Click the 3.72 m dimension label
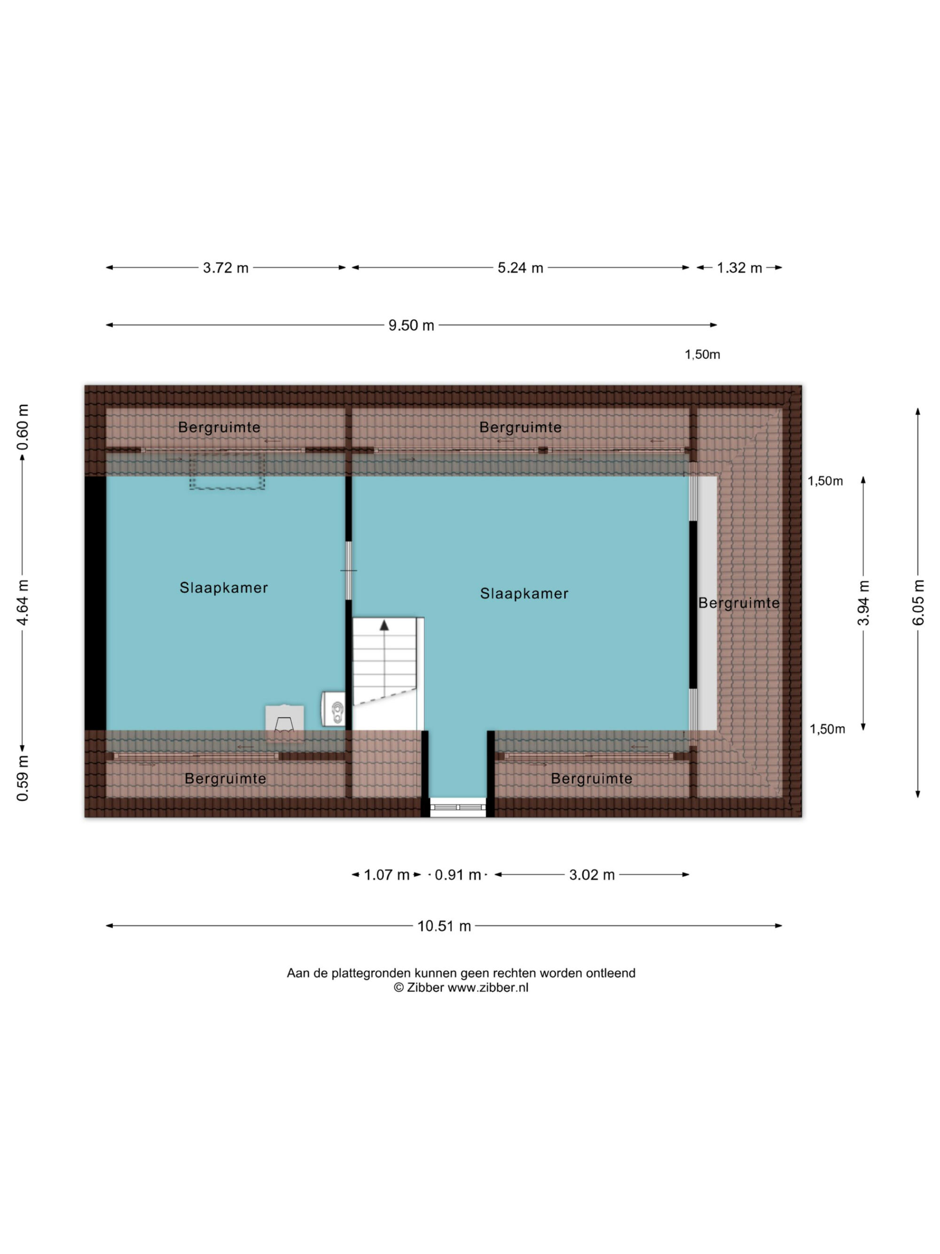(x=226, y=268)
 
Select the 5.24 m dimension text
(x=520, y=268)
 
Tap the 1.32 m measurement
(x=739, y=268)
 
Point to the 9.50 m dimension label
(x=411, y=325)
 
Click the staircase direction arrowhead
(x=384, y=625)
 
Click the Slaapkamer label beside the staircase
(x=524, y=593)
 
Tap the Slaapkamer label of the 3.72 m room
(x=223, y=588)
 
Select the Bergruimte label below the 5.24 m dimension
(x=520, y=427)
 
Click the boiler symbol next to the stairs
(x=333, y=708)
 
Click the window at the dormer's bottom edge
(x=458, y=807)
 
